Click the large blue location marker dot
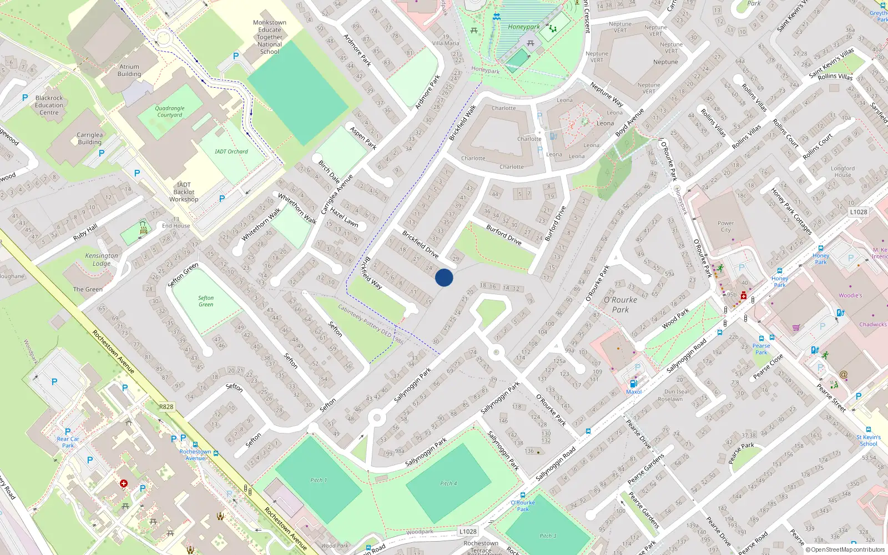click(444, 277)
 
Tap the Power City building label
click(725, 226)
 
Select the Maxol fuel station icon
click(633, 384)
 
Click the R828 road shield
click(166, 407)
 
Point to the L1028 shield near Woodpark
click(468, 531)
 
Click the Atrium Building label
click(129, 70)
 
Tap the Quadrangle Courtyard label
click(169, 112)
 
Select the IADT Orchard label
click(231, 152)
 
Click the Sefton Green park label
click(206, 301)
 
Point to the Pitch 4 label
click(448, 483)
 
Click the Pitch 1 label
click(319, 480)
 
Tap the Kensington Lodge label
click(102, 260)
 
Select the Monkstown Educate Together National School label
click(270, 37)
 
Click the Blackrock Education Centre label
click(49, 105)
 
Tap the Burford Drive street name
click(504, 235)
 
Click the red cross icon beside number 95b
click(744, 295)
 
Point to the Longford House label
click(842, 171)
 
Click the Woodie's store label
click(850, 295)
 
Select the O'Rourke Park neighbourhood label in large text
click(620, 305)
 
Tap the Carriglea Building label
click(89, 138)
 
